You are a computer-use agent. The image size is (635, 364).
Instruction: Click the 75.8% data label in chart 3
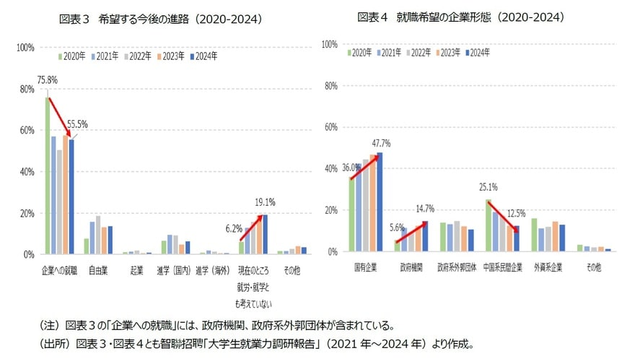[x=48, y=80]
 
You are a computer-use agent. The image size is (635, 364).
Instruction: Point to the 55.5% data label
[x=76, y=124]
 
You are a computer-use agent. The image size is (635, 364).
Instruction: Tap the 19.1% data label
[x=265, y=202]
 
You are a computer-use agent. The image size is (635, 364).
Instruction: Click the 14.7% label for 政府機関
[x=426, y=209]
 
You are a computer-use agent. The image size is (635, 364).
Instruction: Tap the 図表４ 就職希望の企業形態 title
[x=460, y=17]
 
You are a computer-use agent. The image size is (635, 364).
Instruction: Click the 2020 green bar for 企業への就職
[x=48, y=175]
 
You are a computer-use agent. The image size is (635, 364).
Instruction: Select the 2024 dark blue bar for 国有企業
[x=380, y=202]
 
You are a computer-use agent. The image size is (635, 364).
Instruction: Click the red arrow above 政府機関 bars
[x=411, y=233]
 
